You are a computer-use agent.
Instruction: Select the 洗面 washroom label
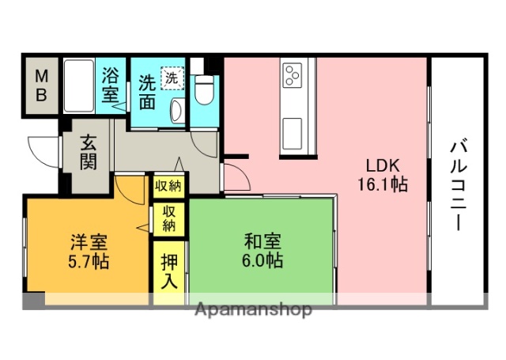148,90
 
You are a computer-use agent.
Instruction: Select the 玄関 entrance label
88,153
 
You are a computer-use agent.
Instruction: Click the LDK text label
383,166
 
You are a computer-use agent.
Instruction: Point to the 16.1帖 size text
383,186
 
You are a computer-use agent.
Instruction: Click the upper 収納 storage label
168,187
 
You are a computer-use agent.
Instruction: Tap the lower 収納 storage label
169,219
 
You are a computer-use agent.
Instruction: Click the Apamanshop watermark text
252,309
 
